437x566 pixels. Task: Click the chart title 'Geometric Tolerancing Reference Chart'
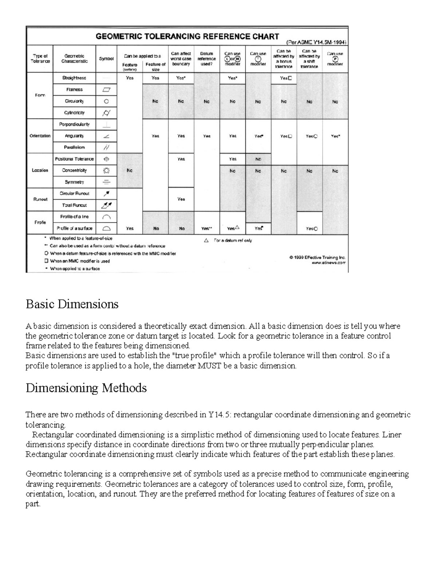click(x=187, y=36)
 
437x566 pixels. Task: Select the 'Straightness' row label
click(x=74, y=78)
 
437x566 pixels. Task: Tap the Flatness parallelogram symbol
click(x=106, y=90)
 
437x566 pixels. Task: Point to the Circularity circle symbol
click(x=106, y=101)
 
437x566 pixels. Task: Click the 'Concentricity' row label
click(x=74, y=170)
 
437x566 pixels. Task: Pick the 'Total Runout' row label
click(x=74, y=205)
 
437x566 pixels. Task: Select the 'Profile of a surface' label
click(x=74, y=229)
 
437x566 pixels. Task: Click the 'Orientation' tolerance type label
click(x=40, y=136)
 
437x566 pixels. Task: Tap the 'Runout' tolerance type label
click(x=40, y=199)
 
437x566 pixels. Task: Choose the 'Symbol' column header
click(x=106, y=59)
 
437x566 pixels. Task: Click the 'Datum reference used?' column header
click(x=206, y=59)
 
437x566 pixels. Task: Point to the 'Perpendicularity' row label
click(x=74, y=124)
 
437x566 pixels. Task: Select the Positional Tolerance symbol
click(x=106, y=159)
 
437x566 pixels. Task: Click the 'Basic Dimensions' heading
click(x=72, y=304)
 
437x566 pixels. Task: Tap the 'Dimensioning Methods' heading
click(x=86, y=388)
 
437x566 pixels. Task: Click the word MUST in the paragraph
click(x=209, y=366)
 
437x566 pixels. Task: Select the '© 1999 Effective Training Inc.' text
click(x=317, y=257)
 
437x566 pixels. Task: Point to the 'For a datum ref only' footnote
click(x=233, y=241)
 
